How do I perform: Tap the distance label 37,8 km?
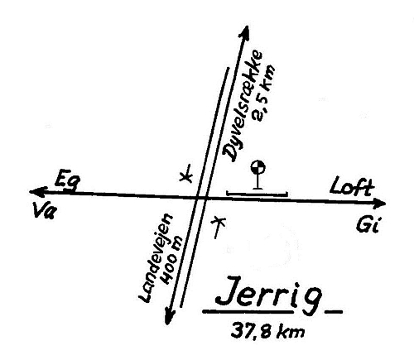click(267, 330)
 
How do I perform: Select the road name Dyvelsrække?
click(243, 106)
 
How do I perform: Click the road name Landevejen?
click(156, 259)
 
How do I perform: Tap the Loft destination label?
click(352, 187)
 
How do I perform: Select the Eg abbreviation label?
click(67, 179)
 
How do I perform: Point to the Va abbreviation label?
click(45, 210)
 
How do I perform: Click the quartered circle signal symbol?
click(258, 167)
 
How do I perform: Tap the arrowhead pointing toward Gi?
click(378, 203)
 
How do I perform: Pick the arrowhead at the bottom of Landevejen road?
click(170, 316)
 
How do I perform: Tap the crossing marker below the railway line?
click(218, 227)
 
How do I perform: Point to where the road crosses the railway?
click(201, 197)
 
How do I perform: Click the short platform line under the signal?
click(258, 194)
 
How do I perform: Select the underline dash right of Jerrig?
click(334, 312)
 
